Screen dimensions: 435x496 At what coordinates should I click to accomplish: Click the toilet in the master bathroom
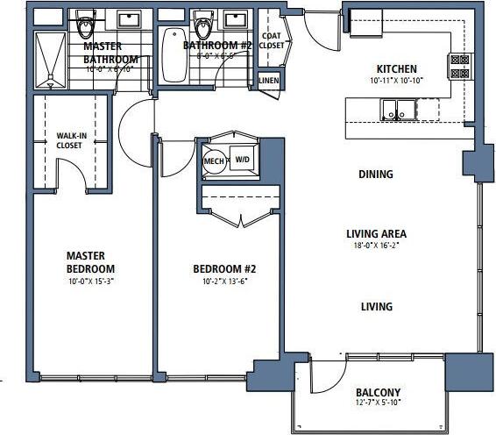tap(84, 23)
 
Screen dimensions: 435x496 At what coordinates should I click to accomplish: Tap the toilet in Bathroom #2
tap(203, 23)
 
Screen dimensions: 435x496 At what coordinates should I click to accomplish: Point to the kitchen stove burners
tap(457, 67)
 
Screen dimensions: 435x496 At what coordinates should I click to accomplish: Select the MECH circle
tap(214, 161)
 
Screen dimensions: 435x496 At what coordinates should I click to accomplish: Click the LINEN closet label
tap(269, 81)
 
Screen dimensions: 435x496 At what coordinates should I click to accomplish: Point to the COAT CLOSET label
tap(273, 40)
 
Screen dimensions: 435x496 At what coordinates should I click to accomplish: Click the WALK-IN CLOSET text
tap(69, 141)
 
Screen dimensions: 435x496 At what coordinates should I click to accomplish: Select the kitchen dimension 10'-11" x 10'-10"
tap(396, 81)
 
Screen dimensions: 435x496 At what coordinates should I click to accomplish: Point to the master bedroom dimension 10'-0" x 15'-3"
tap(91, 282)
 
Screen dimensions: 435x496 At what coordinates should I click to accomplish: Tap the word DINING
tap(375, 175)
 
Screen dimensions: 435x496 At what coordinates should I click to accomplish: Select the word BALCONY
tap(378, 392)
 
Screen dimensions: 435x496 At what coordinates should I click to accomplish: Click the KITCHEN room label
tap(396, 69)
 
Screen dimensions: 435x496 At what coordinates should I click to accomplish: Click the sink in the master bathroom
tap(130, 20)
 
